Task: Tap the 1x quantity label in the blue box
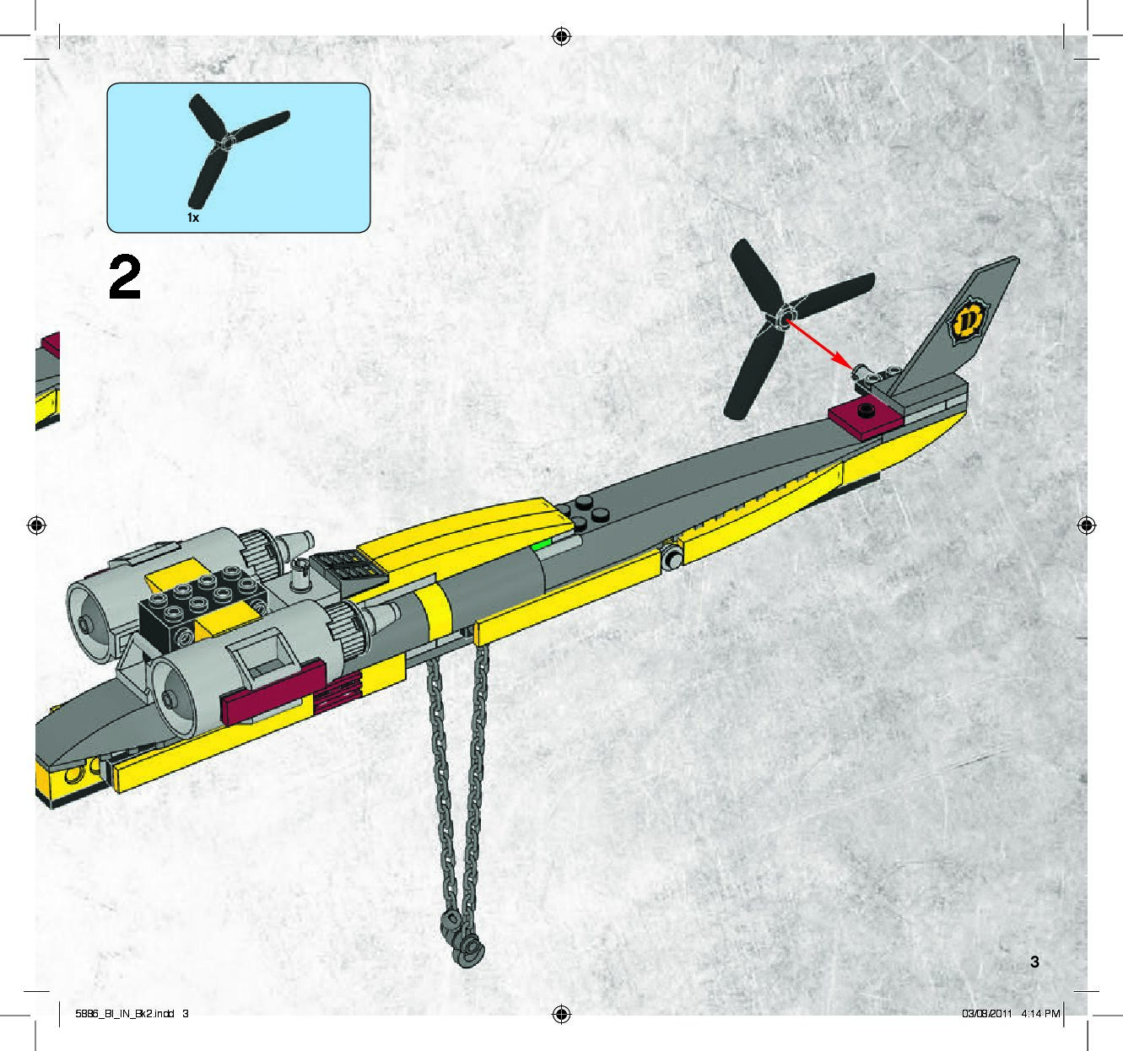(x=193, y=218)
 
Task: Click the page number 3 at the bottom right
(x=1034, y=962)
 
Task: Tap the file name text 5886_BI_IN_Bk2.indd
(x=125, y=1013)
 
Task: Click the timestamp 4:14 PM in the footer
(x=1039, y=1013)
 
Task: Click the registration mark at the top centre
(x=561, y=36)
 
